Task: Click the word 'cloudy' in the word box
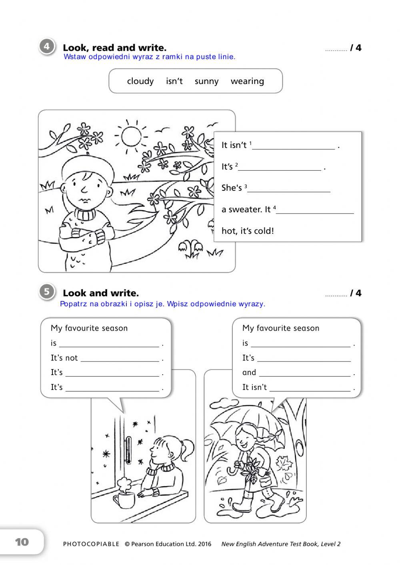coord(140,81)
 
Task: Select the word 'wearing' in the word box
coord(247,81)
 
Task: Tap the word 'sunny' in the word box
coord(206,81)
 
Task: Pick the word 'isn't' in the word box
coord(174,81)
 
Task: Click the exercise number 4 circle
coord(46,47)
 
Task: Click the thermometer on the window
coord(128,450)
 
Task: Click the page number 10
coord(22,542)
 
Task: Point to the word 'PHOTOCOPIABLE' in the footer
coord(91,544)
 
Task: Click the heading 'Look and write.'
coord(101,293)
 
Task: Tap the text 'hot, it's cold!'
coord(248,231)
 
